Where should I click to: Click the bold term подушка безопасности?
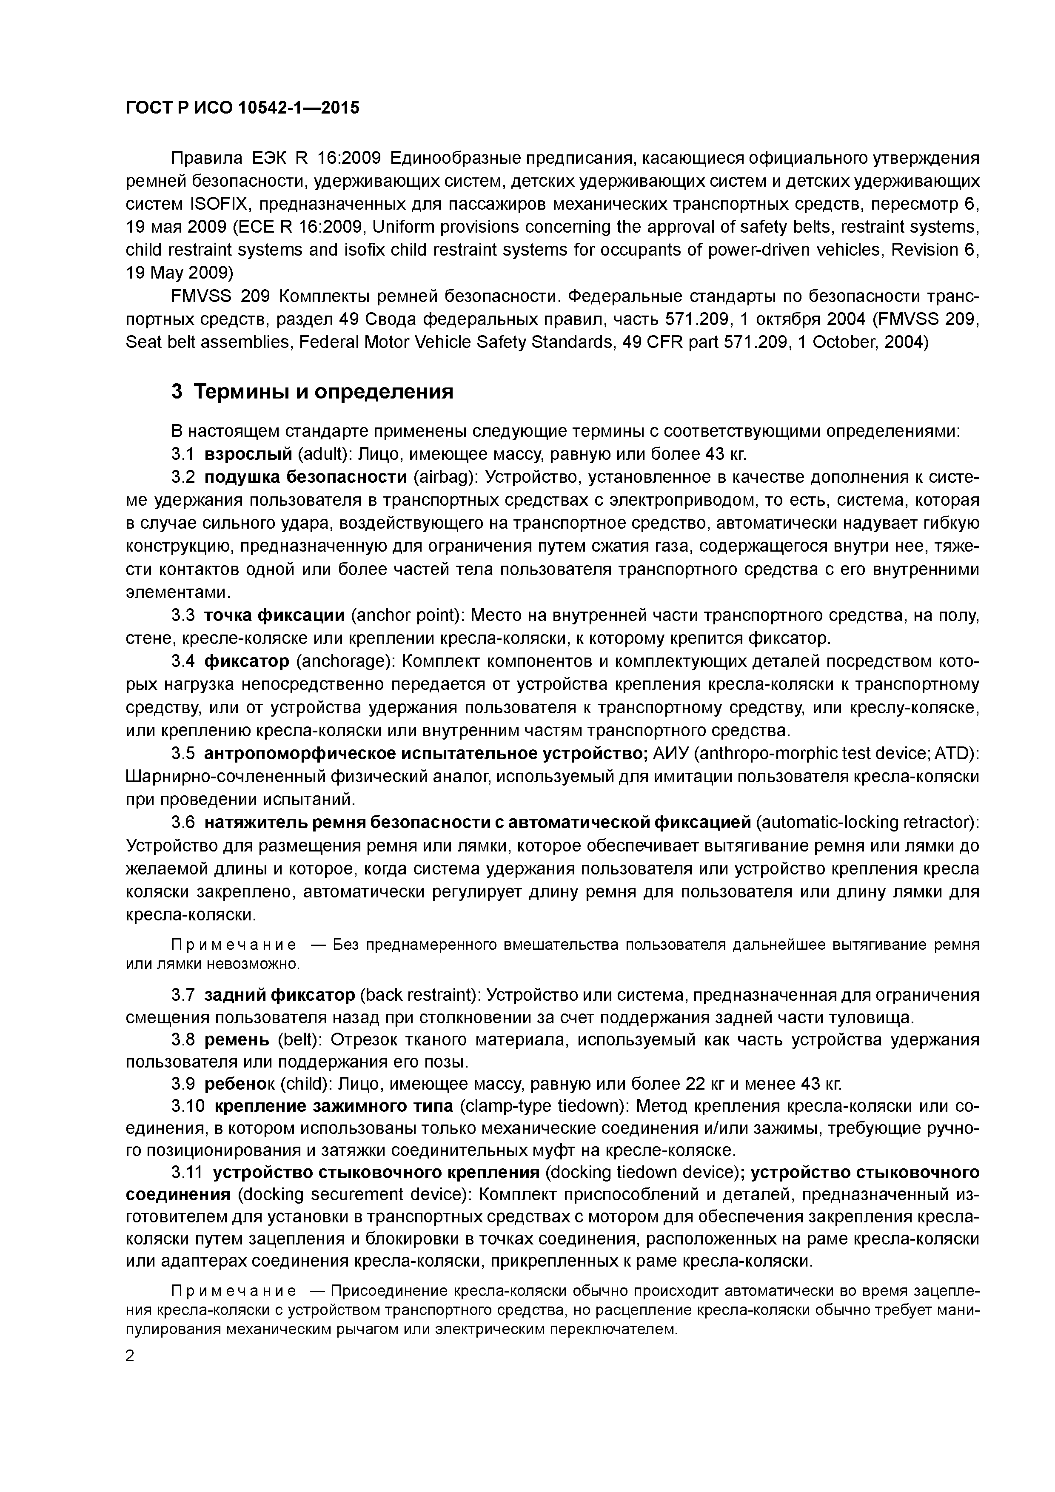(305, 478)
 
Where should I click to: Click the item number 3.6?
(182, 823)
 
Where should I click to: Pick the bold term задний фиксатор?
(279, 995)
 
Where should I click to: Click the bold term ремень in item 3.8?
(237, 1040)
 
